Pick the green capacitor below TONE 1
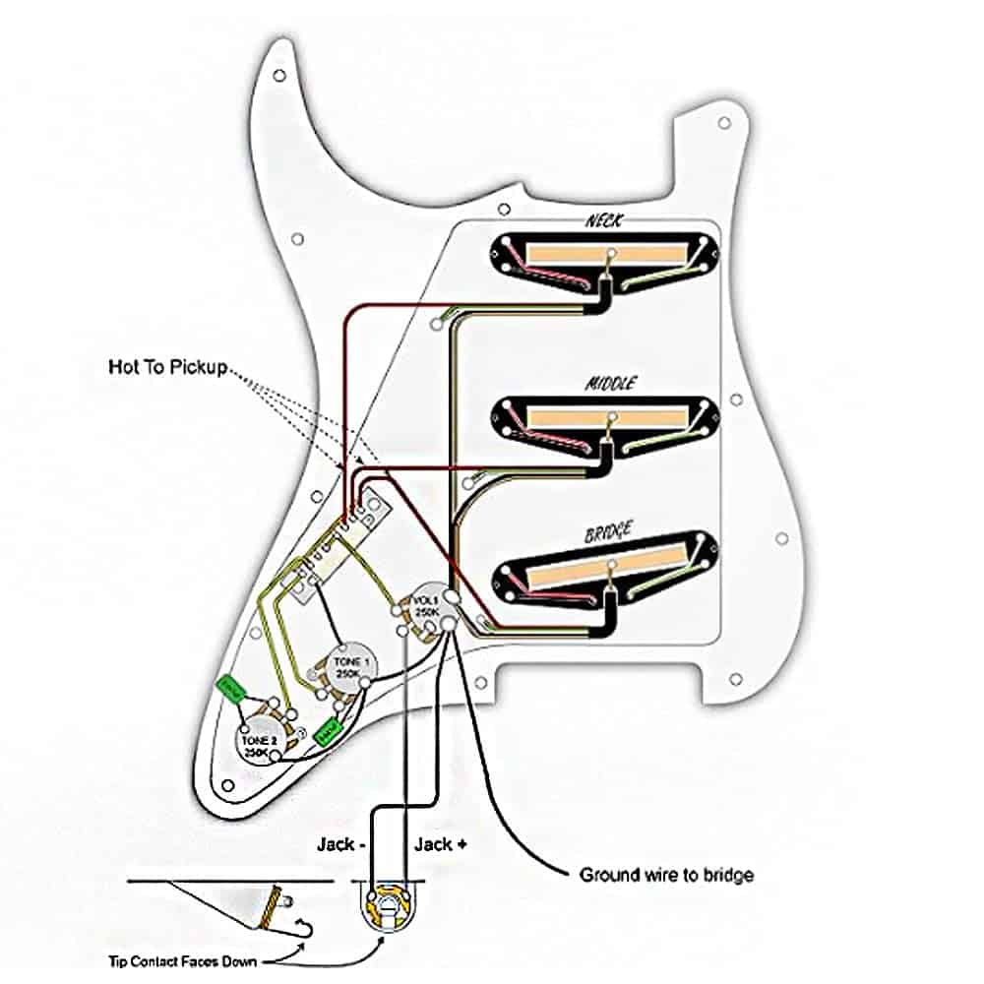pyautogui.click(x=329, y=729)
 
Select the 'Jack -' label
pyautogui.click(x=338, y=844)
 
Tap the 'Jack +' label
pyautogui.click(x=434, y=844)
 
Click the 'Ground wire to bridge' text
pyautogui.click(x=667, y=874)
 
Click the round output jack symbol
pyautogui.click(x=391, y=898)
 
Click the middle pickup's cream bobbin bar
pyautogui.click(x=607, y=416)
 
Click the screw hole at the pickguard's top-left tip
pyautogui.click(x=279, y=74)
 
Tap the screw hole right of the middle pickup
pyautogui.click(x=736, y=400)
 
